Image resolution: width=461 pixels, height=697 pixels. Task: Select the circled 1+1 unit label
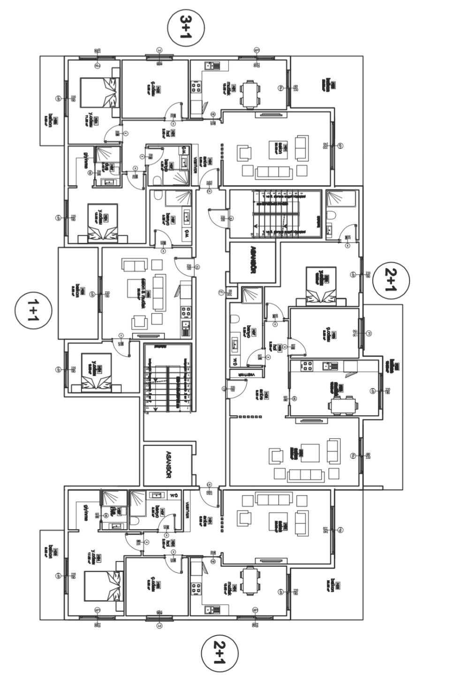point(33,310)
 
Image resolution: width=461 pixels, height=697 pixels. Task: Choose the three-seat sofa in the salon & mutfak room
point(159,293)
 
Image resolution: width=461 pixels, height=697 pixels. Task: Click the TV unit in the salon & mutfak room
point(149,336)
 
